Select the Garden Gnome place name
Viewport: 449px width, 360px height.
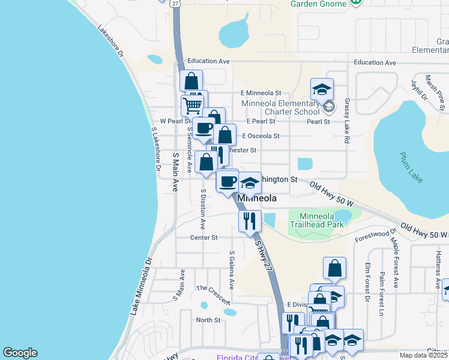point(318,4)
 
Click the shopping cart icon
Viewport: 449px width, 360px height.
point(192,106)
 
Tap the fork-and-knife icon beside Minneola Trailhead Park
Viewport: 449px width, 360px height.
point(249,221)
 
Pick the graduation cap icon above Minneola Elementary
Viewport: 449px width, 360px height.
point(322,89)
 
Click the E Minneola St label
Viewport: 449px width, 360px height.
point(261,93)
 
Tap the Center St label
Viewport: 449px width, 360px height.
point(203,238)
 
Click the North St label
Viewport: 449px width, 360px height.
point(208,320)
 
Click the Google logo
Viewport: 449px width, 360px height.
point(20,353)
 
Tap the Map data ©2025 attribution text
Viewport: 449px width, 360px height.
point(423,355)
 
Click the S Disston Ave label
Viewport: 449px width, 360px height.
point(203,209)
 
